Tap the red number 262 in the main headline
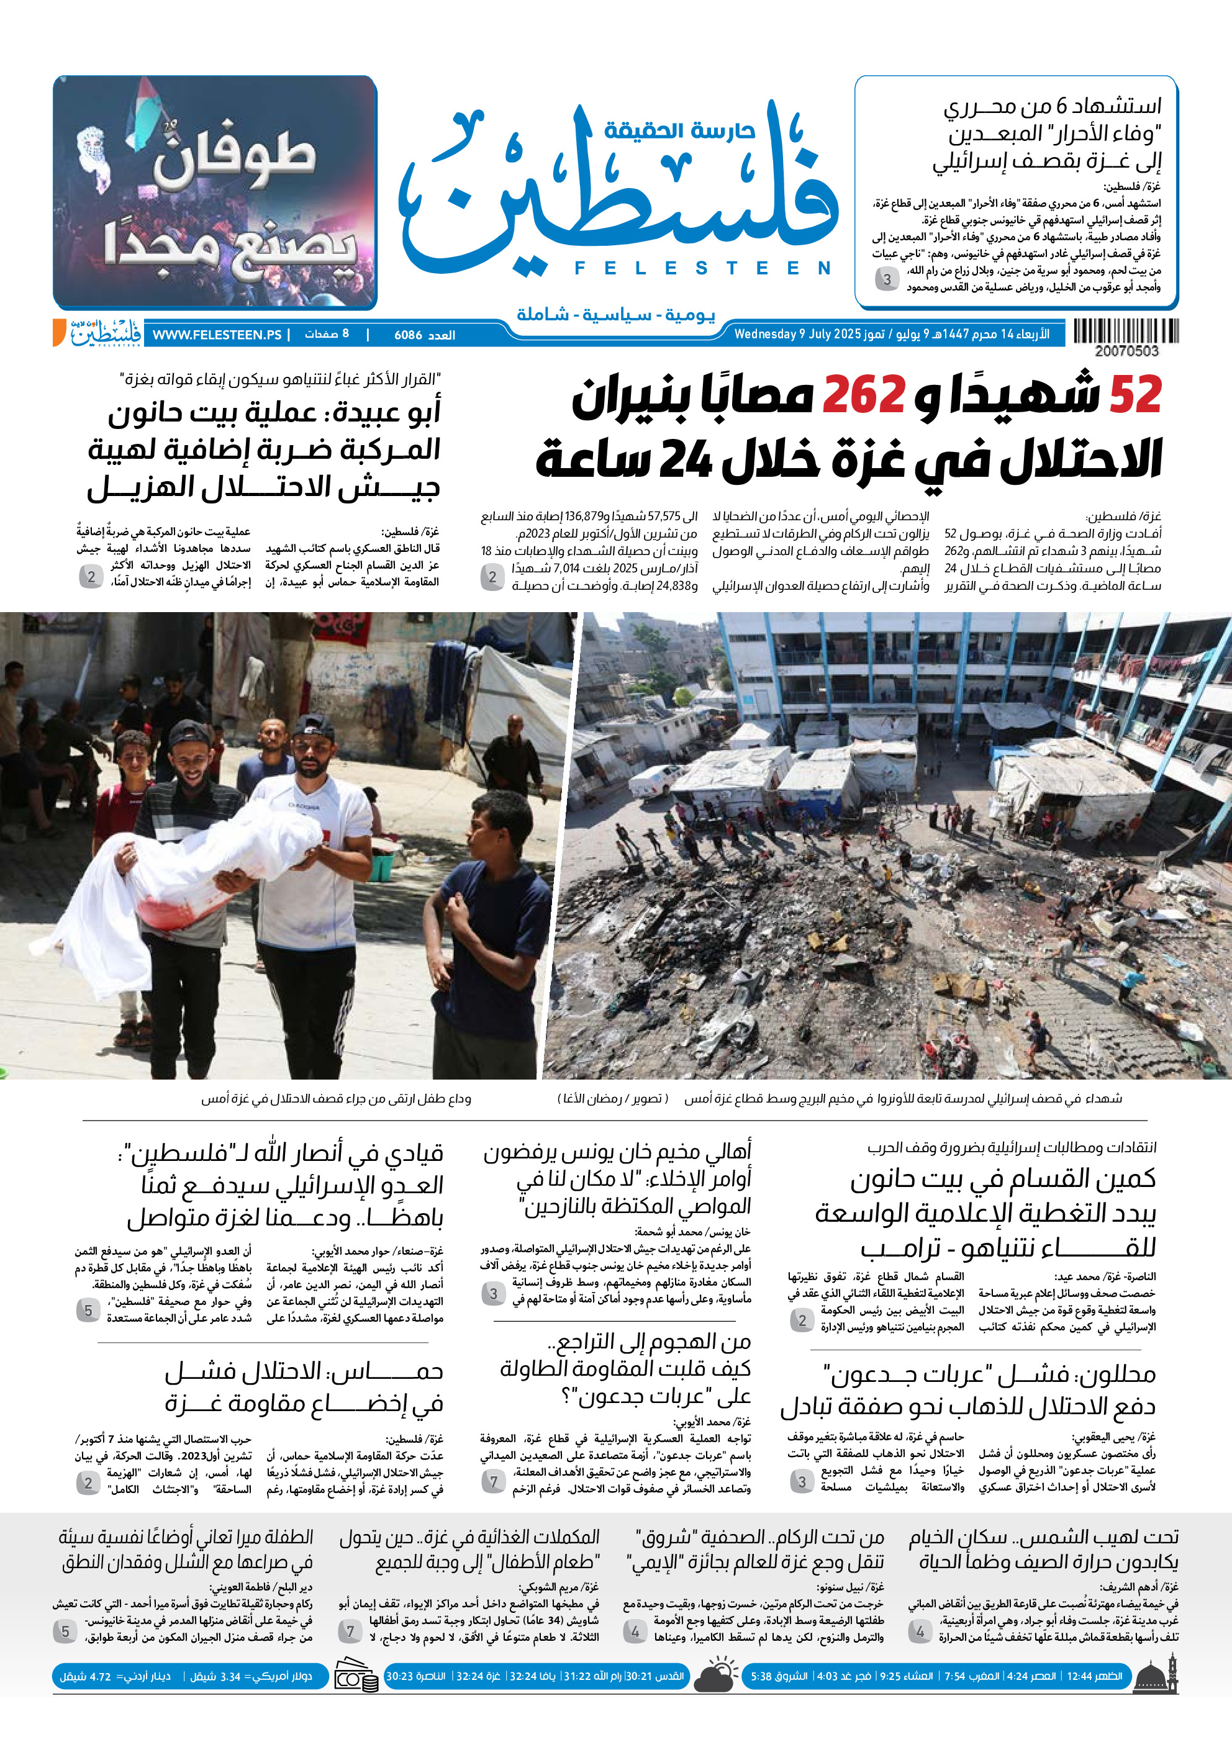point(863,396)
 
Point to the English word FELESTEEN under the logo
point(702,268)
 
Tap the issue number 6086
point(408,335)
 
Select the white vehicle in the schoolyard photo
point(651,781)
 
